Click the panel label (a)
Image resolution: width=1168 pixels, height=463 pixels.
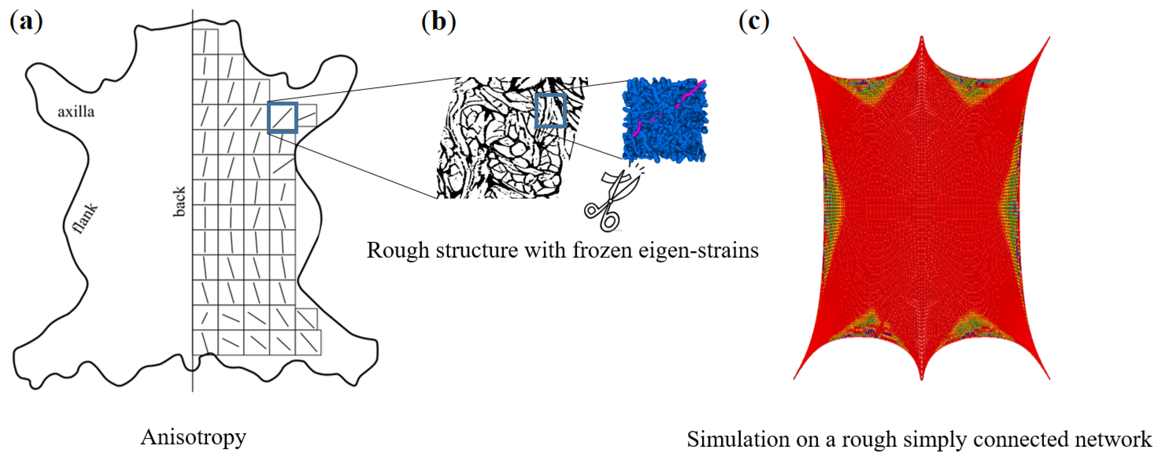pos(26,22)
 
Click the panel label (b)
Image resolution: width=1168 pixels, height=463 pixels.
pos(439,22)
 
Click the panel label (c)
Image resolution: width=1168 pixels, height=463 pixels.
pos(753,22)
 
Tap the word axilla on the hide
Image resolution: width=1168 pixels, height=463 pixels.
pos(76,112)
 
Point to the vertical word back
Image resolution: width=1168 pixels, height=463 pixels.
pos(179,201)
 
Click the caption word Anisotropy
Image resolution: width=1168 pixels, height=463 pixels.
pos(194,437)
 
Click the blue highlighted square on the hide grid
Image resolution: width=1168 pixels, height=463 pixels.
pos(282,118)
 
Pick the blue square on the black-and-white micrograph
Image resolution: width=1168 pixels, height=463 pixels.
pos(551,110)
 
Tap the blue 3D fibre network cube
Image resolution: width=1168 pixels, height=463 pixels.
pos(665,120)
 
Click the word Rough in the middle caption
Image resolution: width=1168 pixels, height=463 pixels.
pos(398,250)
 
